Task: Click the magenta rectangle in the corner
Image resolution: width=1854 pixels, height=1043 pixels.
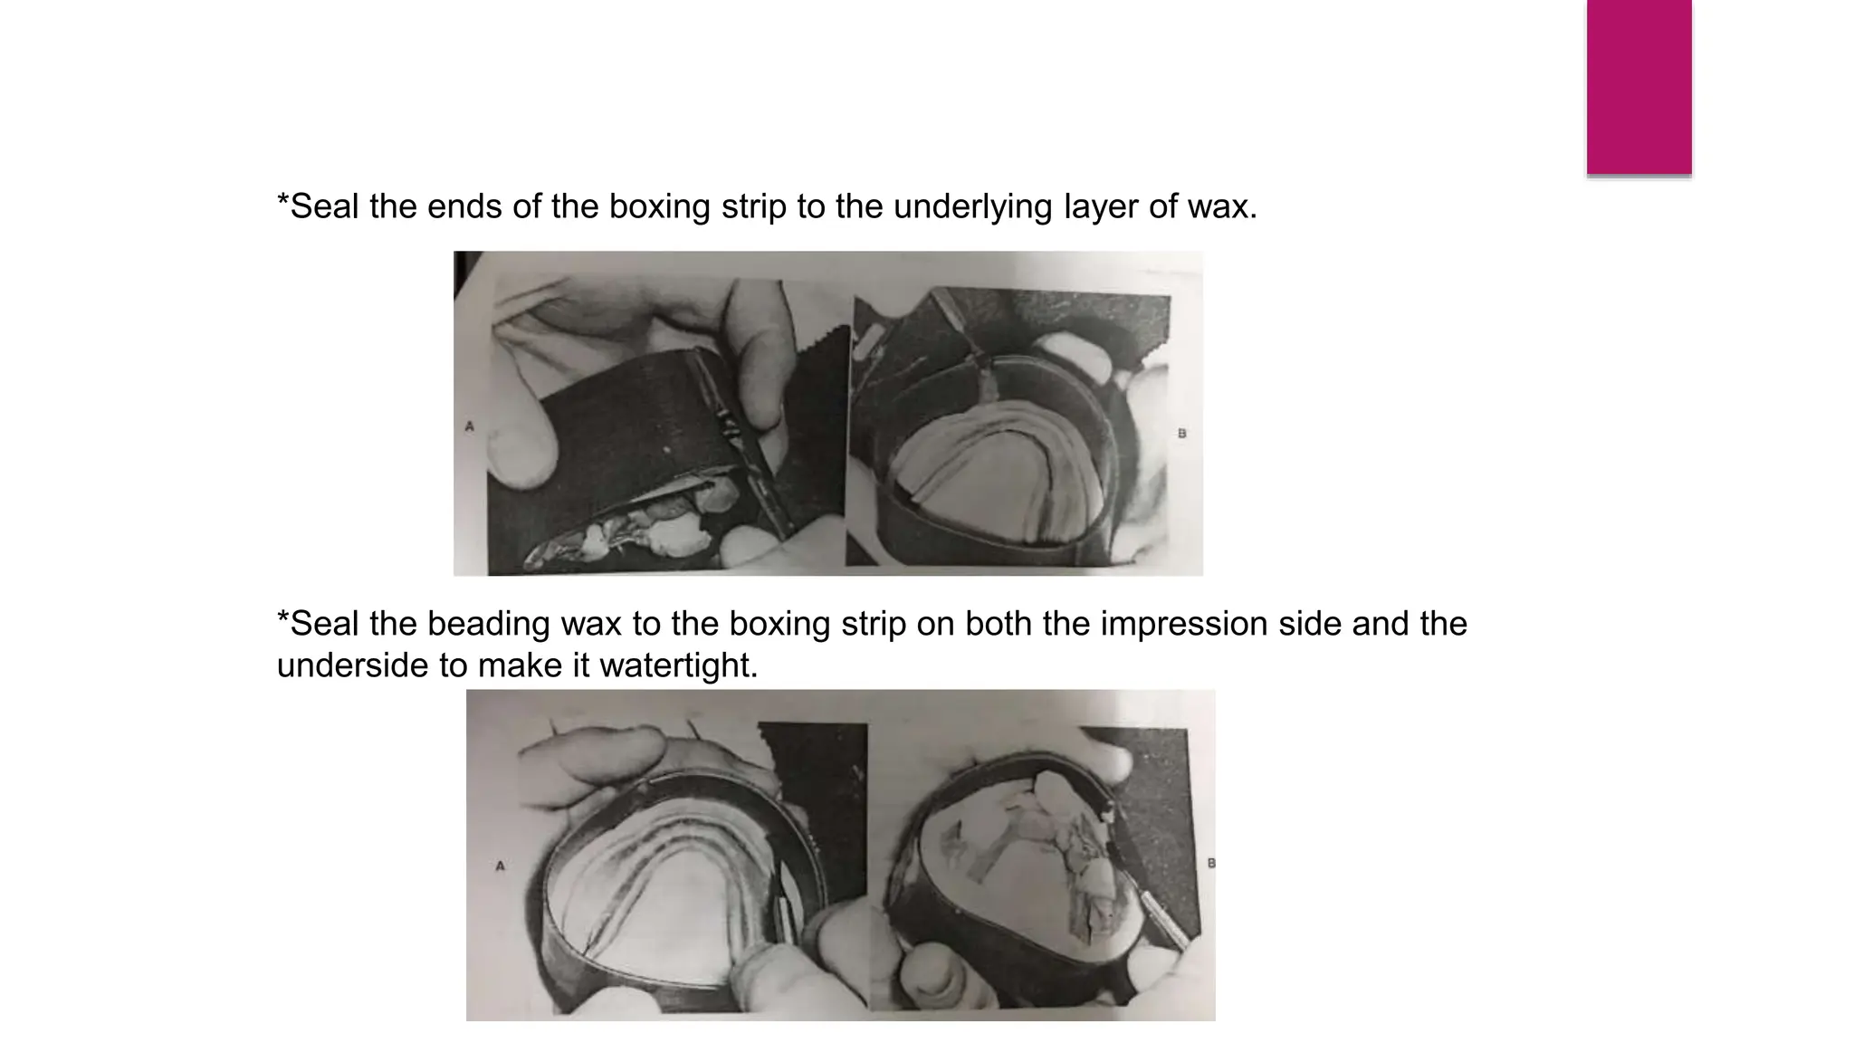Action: click(1639, 87)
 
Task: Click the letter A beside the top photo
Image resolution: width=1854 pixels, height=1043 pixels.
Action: click(469, 426)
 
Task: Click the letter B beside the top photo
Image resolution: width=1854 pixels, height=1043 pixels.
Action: click(1181, 434)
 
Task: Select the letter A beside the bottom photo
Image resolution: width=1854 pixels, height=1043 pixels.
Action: click(500, 866)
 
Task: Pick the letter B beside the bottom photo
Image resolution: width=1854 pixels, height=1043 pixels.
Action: click(1211, 863)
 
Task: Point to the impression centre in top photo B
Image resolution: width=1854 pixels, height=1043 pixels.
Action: click(996, 480)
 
